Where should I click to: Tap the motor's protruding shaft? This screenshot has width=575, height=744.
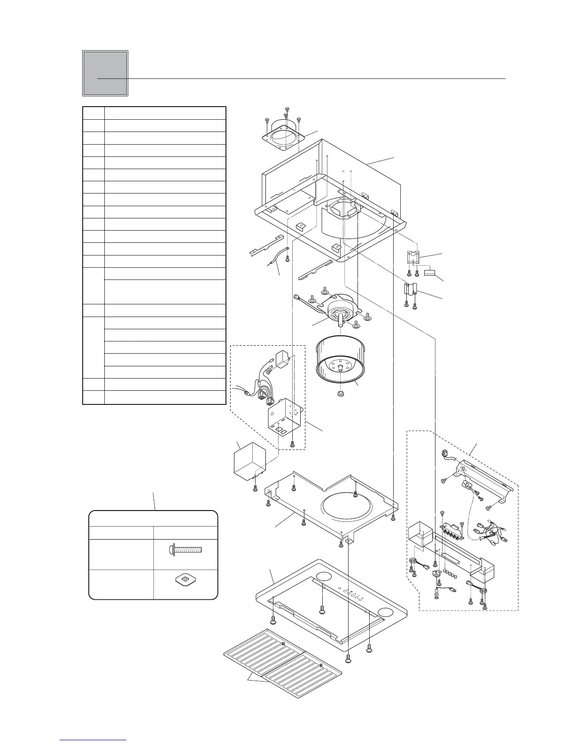click(340, 323)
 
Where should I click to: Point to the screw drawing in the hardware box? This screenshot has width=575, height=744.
click(186, 549)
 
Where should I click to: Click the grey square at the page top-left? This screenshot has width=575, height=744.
click(105, 73)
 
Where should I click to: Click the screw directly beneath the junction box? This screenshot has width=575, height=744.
click(293, 443)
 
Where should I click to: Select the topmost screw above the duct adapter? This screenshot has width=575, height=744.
click(287, 109)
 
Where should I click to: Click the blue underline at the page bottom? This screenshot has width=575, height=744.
click(93, 740)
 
